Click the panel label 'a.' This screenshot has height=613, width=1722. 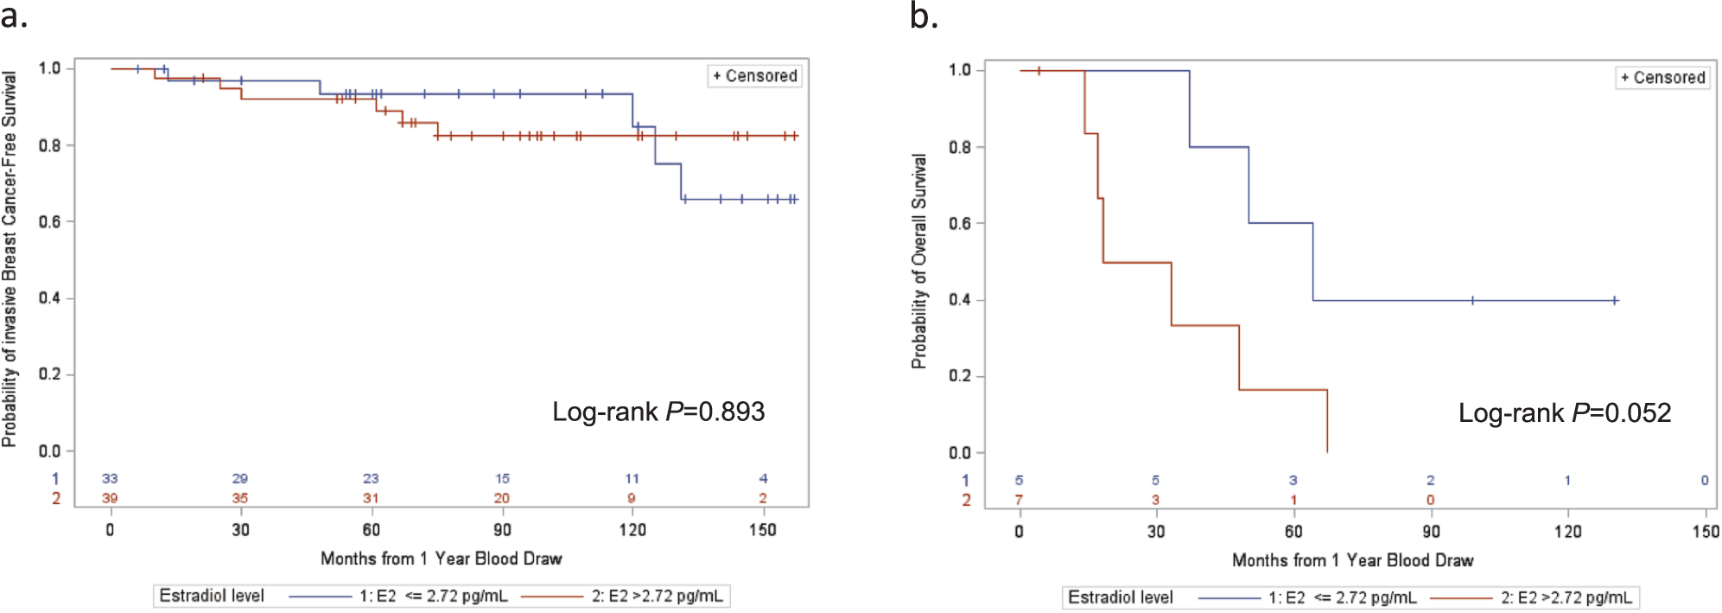pyautogui.click(x=14, y=16)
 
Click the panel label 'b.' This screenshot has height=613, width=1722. pyautogui.click(x=924, y=16)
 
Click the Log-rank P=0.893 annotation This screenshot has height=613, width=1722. pyautogui.click(x=658, y=412)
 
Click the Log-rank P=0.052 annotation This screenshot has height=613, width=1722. pyautogui.click(x=1565, y=413)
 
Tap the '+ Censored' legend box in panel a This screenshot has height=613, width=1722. pyautogui.click(x=755, y=76)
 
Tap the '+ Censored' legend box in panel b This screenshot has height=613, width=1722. pyautogui.click(x=1663, y=78)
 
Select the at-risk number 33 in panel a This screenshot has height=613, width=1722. pyautogui.click(x=110, y=478)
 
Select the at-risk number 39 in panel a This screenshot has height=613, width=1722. pyautogui.click(x=110, y=498)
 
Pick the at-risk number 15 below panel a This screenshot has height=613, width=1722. pyautogui.click(x=502, y=478)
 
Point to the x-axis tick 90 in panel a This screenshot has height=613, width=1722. pyautogui.click(x=502, y=529)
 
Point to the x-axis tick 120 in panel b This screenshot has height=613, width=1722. pyautogui.click(x=1568, y=531)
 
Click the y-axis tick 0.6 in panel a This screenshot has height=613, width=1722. pyautogui.click(x=49, y=221)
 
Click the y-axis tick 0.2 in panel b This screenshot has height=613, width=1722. pyautogui.click(x=960, y=376)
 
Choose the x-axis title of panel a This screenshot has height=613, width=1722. pyautogui.click(x=442, y=559)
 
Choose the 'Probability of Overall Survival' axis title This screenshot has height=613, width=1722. pyautogui.click(x=919, y=261)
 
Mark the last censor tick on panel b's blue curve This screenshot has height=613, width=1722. pyautogui.click(x=1615, y=301)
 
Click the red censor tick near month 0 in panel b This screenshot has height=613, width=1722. pyautogui.click(x=1039, y=71)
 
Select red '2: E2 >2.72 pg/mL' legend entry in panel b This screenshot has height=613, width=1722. pyautogui.click(x=1533, y=597)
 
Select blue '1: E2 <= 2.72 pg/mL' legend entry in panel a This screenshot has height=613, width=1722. pyautogui.click(x=399, y=596)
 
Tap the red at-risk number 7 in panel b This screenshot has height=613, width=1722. pyautogui.click(x=1020, y=500)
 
